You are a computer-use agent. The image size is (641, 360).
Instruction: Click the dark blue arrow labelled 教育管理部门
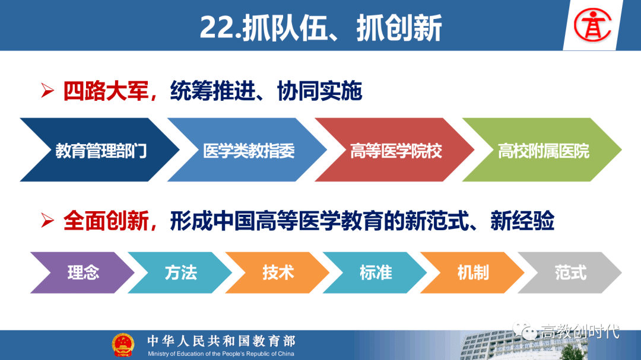(100, 150)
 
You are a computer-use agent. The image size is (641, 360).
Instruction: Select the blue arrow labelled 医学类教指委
(247, 150)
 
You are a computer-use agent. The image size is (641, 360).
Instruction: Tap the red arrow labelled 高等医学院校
(395, 150)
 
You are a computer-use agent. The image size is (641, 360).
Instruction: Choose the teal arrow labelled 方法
(180, 273)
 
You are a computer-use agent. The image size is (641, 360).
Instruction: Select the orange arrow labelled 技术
(278, 273)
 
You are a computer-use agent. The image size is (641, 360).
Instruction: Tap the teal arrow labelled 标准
(375, 273)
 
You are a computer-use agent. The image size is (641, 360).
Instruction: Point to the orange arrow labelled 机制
(473, 273)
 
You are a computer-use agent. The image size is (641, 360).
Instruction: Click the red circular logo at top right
(592, 26)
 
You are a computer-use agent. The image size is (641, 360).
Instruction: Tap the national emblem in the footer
(123, 345)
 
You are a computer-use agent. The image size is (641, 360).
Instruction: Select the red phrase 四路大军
(106, 91)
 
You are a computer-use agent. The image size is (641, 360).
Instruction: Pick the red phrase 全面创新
(106, 221)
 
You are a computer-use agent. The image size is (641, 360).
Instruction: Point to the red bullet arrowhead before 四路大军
(47, 90)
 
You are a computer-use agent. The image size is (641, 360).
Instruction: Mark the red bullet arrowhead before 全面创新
(47, 221)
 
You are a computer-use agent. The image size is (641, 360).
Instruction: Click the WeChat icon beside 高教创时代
(525, 330)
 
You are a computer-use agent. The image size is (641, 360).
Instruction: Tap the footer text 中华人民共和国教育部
(221, 341)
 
